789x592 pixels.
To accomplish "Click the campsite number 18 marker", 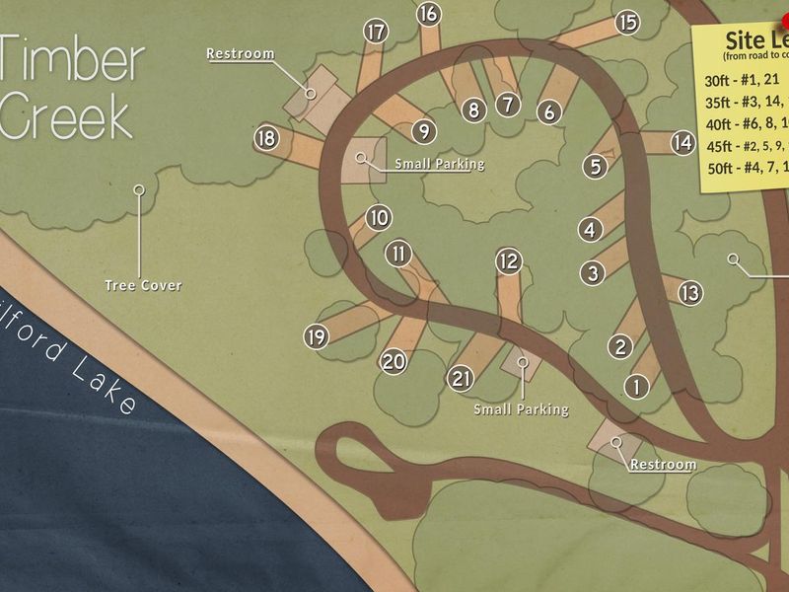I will (x=265, y=138).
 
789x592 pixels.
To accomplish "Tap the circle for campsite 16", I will (x=428, y=14).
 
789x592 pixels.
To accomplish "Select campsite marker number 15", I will (x=627, y=23).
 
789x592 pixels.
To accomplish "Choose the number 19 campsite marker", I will (x=316, y=337).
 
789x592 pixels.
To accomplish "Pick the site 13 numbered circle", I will (x=689, y=293).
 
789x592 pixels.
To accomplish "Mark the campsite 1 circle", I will (x=638, y=386).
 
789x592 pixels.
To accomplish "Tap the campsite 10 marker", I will (x=379, y=218).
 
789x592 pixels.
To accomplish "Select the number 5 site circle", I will (x=595, y=167).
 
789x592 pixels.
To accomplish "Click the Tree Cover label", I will (x=143, y=285).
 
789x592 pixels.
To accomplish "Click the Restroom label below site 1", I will (x=663, y=464).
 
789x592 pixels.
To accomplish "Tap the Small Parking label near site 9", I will (x=439, y=164).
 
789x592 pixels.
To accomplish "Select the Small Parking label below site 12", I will (x=521, y=408).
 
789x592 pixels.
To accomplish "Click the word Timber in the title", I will (x=71, y=61).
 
